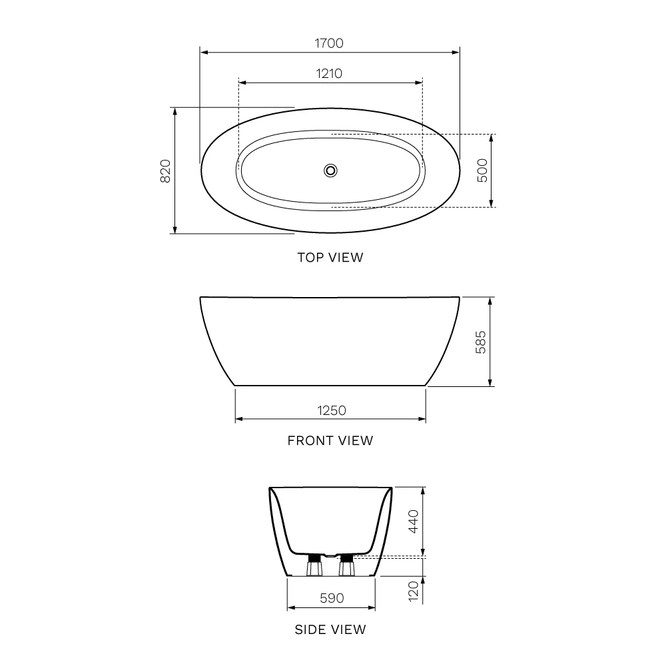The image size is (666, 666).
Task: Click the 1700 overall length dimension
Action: coord(329,43)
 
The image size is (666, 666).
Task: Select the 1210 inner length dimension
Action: coord(329,74)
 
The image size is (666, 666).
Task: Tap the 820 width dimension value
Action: coord(166,171)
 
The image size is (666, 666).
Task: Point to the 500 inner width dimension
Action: coord(483,170)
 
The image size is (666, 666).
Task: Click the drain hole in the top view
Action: coord(330,170)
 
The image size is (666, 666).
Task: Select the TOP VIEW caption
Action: coord(330,258)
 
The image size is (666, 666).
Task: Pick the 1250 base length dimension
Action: coord(330,410)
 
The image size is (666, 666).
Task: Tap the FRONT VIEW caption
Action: coord(330,440)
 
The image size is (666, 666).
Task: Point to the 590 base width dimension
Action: coord(331,598)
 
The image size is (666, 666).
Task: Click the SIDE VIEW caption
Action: coord(330,629)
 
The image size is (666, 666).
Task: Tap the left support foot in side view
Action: coord(312,567)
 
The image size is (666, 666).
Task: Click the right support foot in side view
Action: coord(346,567)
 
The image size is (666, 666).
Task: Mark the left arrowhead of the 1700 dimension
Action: coord(204,51)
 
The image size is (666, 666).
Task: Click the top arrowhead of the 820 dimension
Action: coord(175,111)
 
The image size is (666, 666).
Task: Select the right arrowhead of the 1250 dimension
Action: coord(422,419)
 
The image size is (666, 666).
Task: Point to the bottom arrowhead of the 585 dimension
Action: coord(491,382)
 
